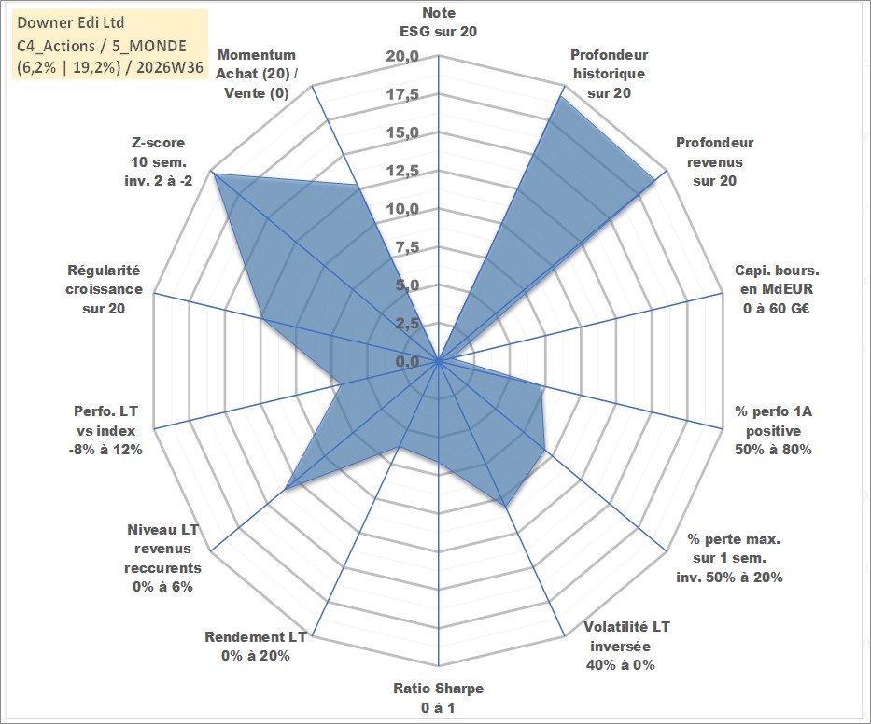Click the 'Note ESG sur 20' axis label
[438, 22]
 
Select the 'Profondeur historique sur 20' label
[609, 74]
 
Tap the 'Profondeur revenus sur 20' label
[714, 161]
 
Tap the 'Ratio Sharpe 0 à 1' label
[438, 698]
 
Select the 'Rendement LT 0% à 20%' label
[256, 647]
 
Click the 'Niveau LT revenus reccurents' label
[162, 558]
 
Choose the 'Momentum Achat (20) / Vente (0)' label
[256, 74]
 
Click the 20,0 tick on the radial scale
[402, 57]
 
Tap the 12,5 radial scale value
[402, 171]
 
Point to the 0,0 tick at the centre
[408, 361]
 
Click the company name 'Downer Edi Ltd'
[71, 22]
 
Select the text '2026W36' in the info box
[170, 67]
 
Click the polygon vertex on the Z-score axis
[216, 174]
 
